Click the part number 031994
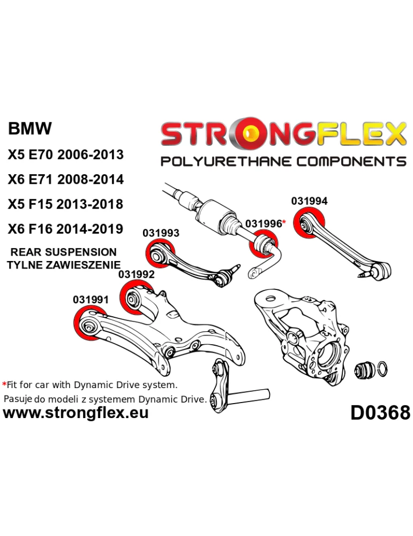point(309,202)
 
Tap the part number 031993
point(161,233)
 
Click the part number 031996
point(263,224)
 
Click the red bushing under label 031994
point(311,226)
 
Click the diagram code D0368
point(380,413)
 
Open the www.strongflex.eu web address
point(76,413)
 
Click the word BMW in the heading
point(30,129)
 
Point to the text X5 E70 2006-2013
point(65,154)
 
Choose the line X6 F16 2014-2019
point(65,229)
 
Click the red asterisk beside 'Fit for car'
point(5,385)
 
